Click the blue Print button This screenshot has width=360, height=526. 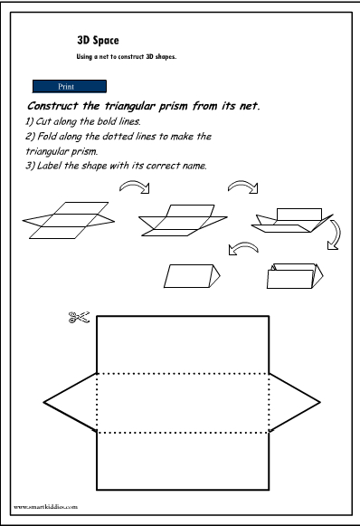pyautogui.click(x=69, y=87)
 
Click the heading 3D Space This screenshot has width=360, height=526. pyautogui.click(x=99, y=40)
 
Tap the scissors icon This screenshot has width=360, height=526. pyautogui.click(x=79, y=318)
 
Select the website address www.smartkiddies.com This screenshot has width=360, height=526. pyautogui.click(x=46, y=508)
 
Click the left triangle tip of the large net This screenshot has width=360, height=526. pyautogui.click(x=45, y=400)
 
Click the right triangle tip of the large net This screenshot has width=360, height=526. pyautogui.click(x=318, y=400)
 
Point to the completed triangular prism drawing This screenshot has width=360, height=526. pyautogui.click(x=194, y=275)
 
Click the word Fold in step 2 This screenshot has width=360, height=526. pyautogui.click(x=45, y=136)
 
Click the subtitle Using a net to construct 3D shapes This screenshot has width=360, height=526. pyautogui.click(x=125, y=56)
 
